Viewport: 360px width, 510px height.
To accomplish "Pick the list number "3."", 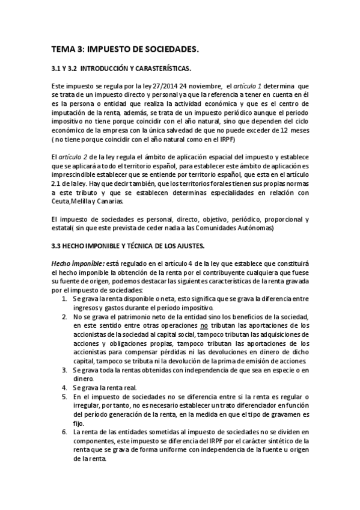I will tap(65, 370).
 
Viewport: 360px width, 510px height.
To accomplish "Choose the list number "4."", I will tap(65, 389).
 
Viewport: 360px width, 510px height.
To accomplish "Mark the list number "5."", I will tap(65, 398).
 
